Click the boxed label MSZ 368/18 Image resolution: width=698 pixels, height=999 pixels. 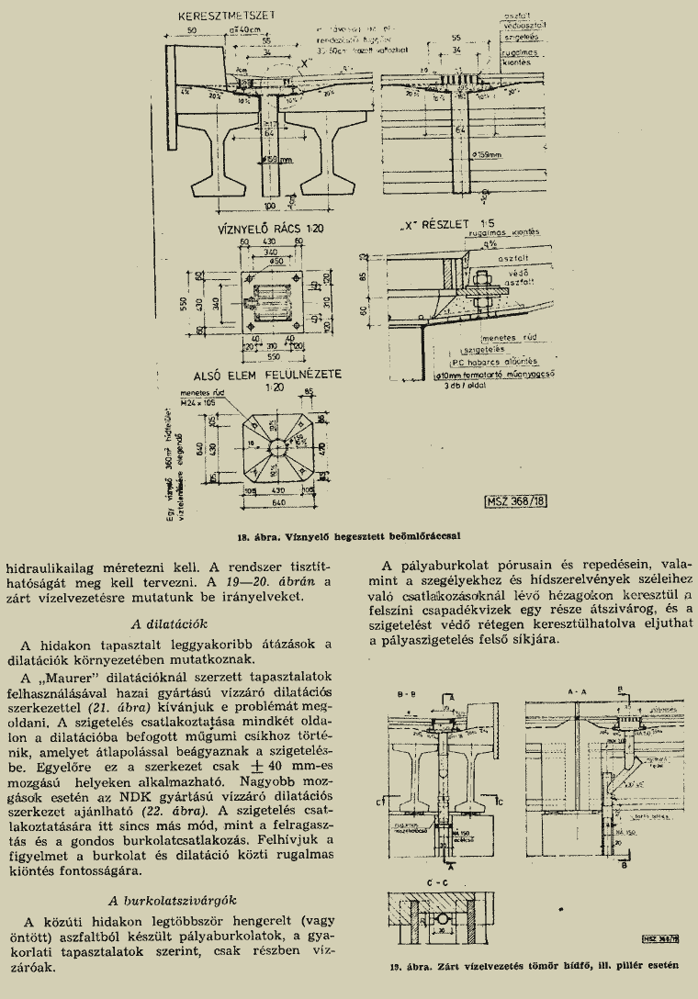[515, 501]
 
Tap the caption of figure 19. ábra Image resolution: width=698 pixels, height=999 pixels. [533, 964]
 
